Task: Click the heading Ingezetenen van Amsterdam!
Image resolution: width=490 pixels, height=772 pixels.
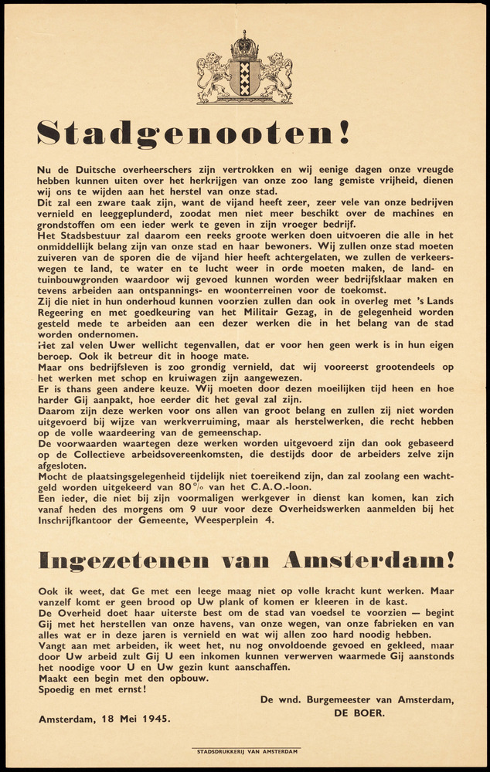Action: pyautogui.click(x=247, y=559)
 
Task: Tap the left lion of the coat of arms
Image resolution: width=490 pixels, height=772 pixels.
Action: pyautogui.click(x=213, y=77)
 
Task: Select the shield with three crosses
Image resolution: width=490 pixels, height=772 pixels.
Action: pyautogui.click(x=245, y=78)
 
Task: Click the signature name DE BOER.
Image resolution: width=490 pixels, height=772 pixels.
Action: pyautogui.click(x=362, y=713)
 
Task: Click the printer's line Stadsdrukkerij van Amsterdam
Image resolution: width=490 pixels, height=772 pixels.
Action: pyautogui.click(x=246, y=750)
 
